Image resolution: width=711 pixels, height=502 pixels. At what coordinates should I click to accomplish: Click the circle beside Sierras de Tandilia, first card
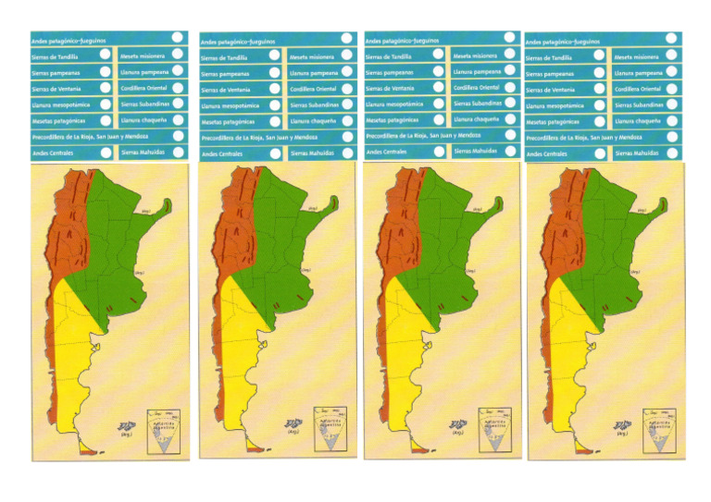click(105, 56)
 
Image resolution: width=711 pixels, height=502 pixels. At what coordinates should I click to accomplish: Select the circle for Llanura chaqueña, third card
click(509, 118)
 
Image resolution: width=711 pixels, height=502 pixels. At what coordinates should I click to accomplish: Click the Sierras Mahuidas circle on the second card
click(346, 152)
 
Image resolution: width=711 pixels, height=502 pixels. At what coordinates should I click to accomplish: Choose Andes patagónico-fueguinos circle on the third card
click(509, 39)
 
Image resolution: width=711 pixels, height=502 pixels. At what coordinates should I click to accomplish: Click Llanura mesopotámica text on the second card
click(230, 105)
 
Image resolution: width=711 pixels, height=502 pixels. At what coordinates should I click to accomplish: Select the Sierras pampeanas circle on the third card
click(438, 71)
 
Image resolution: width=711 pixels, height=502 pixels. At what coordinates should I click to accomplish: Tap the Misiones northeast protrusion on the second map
click(336, 205)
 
